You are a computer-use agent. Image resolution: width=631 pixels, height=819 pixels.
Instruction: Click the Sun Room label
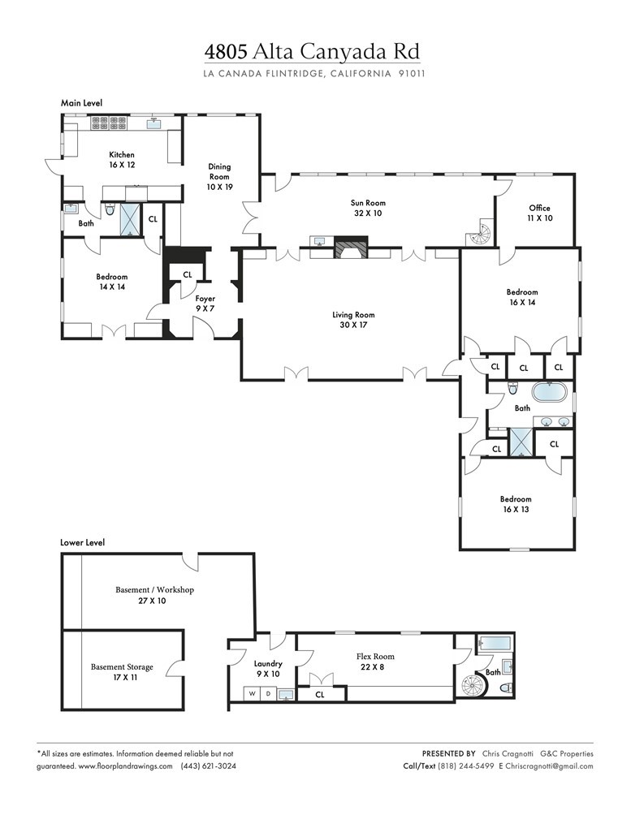[x=368, y=208]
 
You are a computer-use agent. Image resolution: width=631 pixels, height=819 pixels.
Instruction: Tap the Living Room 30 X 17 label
[x=353, y=320]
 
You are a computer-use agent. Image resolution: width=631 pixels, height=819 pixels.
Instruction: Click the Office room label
[x=540, y=213]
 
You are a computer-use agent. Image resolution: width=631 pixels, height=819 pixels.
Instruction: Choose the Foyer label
[x=205, y=304]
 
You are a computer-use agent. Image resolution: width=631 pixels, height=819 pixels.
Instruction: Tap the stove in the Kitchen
[x=109, y=123]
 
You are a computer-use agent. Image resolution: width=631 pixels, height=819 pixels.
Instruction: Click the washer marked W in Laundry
[x=252, y=694]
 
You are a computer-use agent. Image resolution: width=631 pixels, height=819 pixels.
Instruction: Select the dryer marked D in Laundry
[x=268, y=694]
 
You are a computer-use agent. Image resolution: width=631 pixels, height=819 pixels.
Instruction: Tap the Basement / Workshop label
[x=154, y=595]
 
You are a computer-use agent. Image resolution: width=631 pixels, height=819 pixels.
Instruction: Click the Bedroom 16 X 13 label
[x=516, y=504]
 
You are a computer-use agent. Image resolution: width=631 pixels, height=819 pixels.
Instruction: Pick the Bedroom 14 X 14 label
[x=112, y=281]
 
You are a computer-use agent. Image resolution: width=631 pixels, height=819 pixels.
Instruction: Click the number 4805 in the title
[x=227, y=52]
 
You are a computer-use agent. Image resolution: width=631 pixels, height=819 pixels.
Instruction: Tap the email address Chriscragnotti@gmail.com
[x=549, y=766]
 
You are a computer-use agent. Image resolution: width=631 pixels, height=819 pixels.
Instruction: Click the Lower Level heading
[x=82, y=542]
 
